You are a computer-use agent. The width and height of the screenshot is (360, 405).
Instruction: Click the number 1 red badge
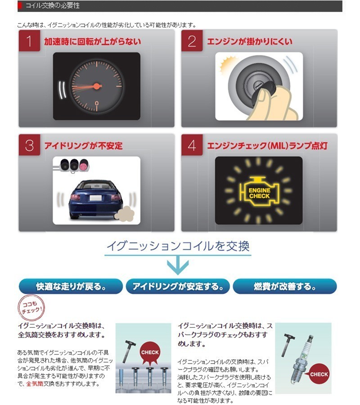click(x=29, y=40)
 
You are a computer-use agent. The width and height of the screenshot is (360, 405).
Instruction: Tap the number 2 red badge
click(x=192, y=40)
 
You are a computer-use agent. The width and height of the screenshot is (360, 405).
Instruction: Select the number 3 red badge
click(x=29, y=145)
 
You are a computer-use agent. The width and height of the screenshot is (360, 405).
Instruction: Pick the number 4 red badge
click(x=192, y=145)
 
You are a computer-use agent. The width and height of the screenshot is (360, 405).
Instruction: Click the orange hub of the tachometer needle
click(x=97, y=86)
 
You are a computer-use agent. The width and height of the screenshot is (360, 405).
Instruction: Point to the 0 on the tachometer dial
click(x=97, y=103)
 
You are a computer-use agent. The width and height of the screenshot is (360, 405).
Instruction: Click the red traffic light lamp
click(x=84, y=165)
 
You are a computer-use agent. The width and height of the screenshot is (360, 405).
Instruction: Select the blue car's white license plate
click(x=95, y=198)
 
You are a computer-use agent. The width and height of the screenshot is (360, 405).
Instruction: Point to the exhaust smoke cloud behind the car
click(x=125, y=213)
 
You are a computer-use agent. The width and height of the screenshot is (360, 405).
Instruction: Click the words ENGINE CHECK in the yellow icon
click(x=259, y=193)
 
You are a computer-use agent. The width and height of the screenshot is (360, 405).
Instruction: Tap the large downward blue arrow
click(x=178, y=265)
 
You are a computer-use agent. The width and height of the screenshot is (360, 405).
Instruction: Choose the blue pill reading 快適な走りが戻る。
click(x=71, y=286)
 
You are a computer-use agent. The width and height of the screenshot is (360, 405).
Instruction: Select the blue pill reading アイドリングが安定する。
click(x=178, y=286)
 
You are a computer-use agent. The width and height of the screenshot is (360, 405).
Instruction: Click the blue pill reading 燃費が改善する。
click(x=285, y=286)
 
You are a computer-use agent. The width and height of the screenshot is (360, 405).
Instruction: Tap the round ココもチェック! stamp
click(x=31, y=308)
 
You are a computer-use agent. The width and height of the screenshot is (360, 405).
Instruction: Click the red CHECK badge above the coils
click(x=150, y=353)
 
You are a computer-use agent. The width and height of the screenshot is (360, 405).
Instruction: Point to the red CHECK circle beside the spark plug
click(x=319, y=374)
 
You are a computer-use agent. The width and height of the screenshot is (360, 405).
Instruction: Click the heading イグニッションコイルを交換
click(x=178, y=246)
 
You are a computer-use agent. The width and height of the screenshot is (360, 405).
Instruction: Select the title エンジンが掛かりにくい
click(x=250, y=41)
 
